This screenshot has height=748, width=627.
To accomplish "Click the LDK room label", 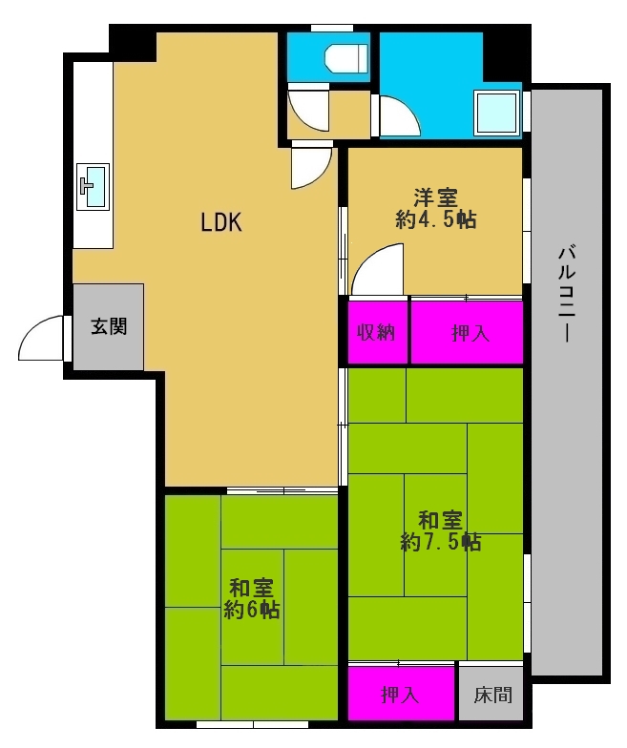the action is pos(221,222).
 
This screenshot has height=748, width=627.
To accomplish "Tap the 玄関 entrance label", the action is pos(109,326).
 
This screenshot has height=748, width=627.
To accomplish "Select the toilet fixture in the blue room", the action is pos(346,59).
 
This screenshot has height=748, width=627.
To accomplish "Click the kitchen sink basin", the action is pos(94,187).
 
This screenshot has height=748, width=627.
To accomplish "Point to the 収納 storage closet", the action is pos(377,332).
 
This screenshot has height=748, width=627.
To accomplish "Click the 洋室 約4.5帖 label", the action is pos(435,208).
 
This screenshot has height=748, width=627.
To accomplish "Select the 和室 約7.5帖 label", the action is pos(440,530).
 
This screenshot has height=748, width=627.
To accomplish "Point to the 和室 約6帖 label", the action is pos(252,599).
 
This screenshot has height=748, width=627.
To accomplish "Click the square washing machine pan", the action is pos(496,113).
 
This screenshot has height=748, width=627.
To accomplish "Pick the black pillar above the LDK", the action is pos(133,43).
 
